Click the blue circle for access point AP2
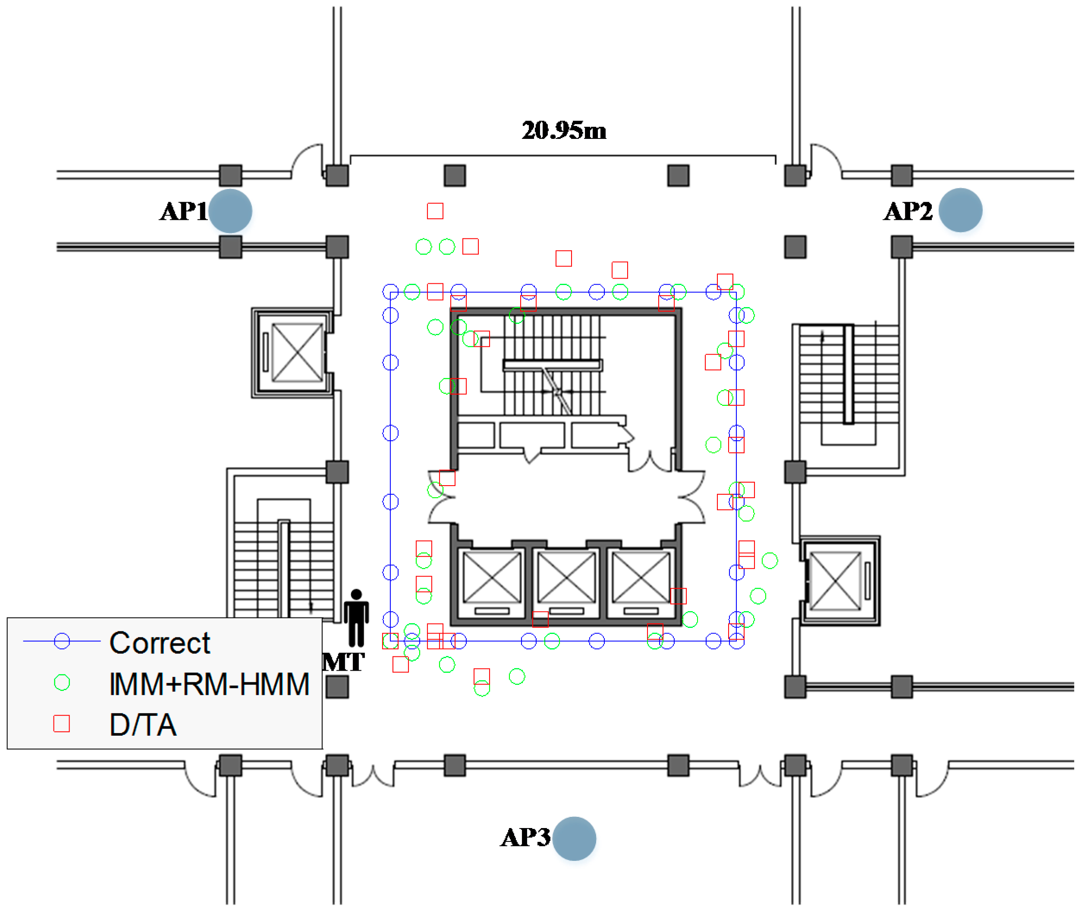pyautogui.click(x=960, y=210)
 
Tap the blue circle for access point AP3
pyautogui.click(x=574, y=838)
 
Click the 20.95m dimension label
pyautogui.click(x=564, y=130)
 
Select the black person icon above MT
pyautogui.click(x=356, y=618)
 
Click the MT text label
pyautogui.click(x=343, y=662)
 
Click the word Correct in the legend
pyautogui.click(x=160, y=643)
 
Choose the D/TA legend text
pyautogui.click(x=143, y=725)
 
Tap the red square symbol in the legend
pyautogui.click(x=62, y=724)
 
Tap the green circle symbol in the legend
pyautogui.click(x=62, y=683)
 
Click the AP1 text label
pyautogui.click(x=183, y=211)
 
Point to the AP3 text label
pyautogui.click(x=525, y=838)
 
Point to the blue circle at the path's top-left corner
pyautogui.click(x=390, y=292)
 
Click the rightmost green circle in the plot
pyautogui.click(x=770, y=561)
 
